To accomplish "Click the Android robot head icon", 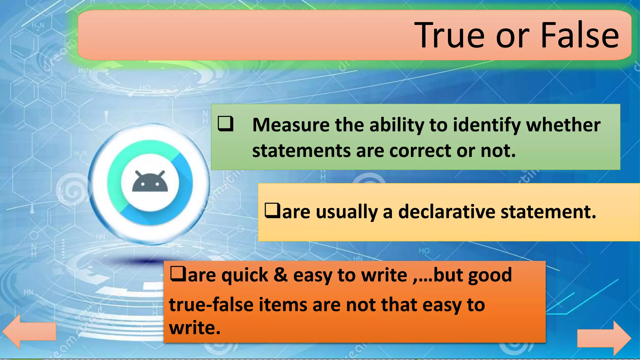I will tap(150, 182).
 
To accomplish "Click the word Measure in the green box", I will tap(291, 125).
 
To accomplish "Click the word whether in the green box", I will tap(563, 125).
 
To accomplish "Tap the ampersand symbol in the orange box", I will tap(280, 275).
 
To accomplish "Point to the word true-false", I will tap(211, 305).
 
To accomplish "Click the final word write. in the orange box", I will tap(194, 328).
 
